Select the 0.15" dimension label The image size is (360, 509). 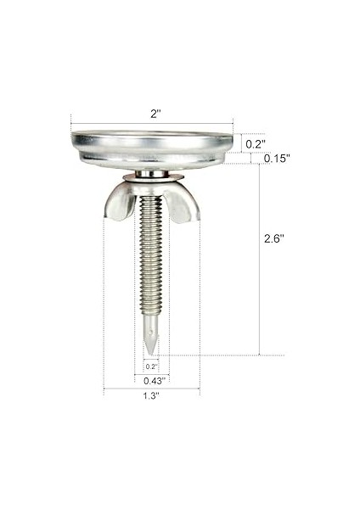click(276, 159)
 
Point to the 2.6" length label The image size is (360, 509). click(273, 239)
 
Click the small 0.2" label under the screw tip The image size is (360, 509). click(151, 366)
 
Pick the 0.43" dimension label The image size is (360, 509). click(152, 380)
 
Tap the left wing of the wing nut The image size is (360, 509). click(119, 201)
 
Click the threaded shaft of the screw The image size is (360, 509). click(150, 255)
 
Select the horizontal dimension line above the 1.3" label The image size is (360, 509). click(151, 389)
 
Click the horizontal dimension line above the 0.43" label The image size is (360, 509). click(151, 374)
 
